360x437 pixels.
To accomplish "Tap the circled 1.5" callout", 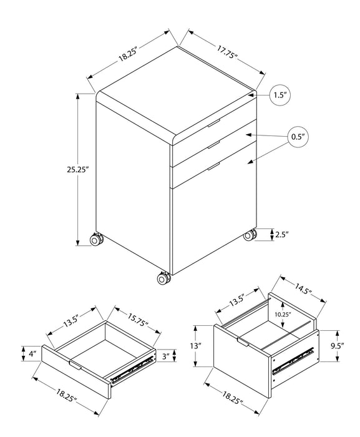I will click(x=279, y=96).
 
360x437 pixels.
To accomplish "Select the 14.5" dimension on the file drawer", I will click(x=304, y=290).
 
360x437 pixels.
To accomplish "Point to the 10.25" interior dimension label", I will click(x=282, y=315).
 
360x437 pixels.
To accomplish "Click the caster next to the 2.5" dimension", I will click(x=250, y=235).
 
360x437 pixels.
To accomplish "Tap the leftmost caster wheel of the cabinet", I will click(x=97, y=239).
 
